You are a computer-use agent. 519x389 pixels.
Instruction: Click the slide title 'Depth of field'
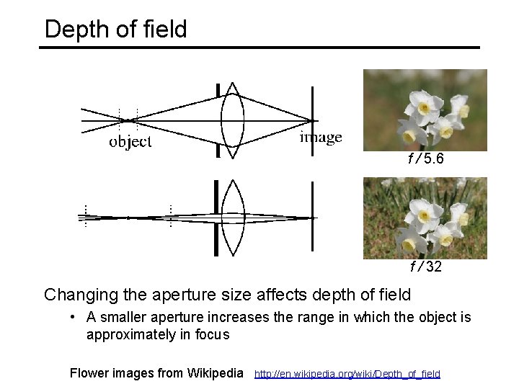click(115, 30)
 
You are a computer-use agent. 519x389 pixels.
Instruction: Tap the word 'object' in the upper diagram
click(130, 142)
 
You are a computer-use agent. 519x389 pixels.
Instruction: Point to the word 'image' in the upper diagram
click(321, 138)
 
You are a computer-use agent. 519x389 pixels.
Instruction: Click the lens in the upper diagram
click(231, 120)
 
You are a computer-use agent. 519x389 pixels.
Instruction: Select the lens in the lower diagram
click(231, 217)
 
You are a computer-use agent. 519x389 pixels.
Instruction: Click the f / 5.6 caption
click(426, 158)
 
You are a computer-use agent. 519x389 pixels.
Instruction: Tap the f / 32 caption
click(426, 267)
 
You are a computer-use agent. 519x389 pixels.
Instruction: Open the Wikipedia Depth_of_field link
click(347, 374)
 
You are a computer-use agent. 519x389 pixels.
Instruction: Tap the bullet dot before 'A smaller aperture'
click(74, 318)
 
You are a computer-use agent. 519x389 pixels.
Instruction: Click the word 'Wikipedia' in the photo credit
click(215, 373)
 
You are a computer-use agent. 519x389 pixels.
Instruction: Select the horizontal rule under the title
click(259, 48)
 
